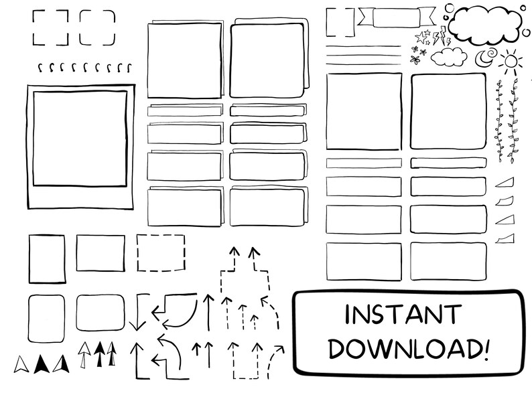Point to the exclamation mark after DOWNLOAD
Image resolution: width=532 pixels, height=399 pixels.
tap(486, 347)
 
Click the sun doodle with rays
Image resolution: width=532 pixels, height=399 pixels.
tap(511, 62)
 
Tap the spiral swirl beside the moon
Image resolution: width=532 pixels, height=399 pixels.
tap(491, 52)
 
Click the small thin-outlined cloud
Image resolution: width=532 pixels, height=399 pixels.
tap(450, 57)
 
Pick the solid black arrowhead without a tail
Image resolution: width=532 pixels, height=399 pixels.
tap(42, 363)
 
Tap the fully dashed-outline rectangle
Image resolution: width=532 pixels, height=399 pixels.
tap(161, 252)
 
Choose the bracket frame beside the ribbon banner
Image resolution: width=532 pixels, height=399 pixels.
tap(340, 21)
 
